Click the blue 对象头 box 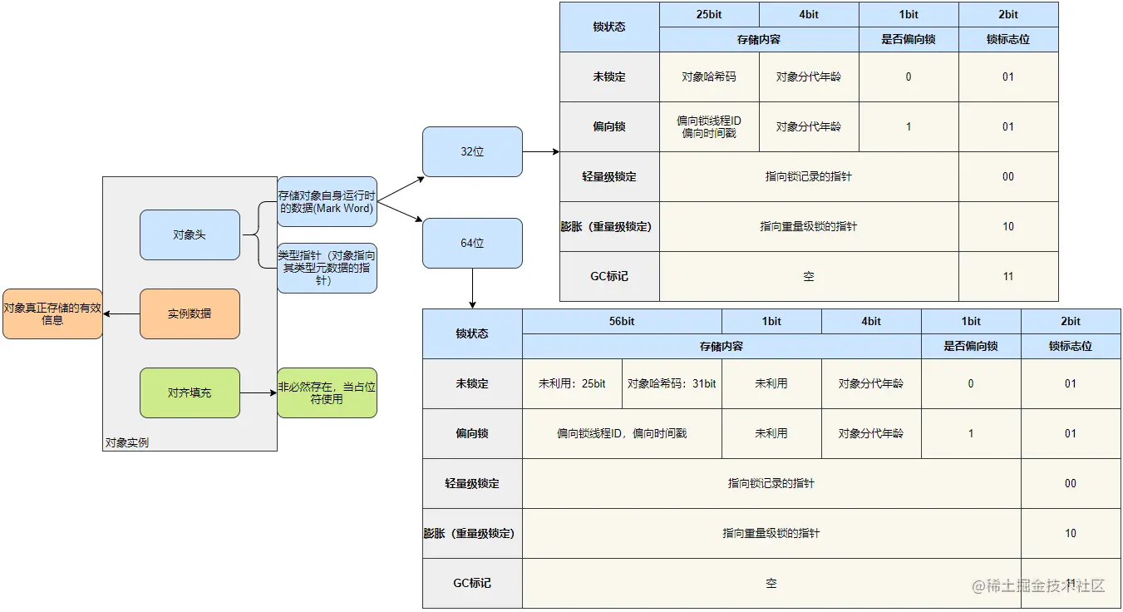[x=190, y=234]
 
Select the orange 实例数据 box [x=190, y=313]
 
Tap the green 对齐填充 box [x=190, y=392]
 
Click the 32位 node [x=472, y=151]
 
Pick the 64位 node [x=472, y=243]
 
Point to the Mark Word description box [x=327, y=201]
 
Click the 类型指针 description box [x=327, y=268]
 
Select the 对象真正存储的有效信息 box [x=52, y=313]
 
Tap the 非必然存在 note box [x=327, y=392]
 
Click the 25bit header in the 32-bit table [x=709, y=14]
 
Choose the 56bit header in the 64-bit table [x=622, y=321]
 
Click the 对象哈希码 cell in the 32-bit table [x=709, y=76]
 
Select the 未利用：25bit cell [x=572, y=383]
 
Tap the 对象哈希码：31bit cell [x=672, y=383]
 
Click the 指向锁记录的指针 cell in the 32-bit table [x=809, y=176]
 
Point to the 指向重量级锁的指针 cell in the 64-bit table [x=771, y=533]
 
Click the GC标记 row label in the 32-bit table [x=609, y=276]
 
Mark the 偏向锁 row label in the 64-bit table [x=472, y=433]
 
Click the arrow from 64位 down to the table [x=472, y=288]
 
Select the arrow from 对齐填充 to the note [x=259, y=392]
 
